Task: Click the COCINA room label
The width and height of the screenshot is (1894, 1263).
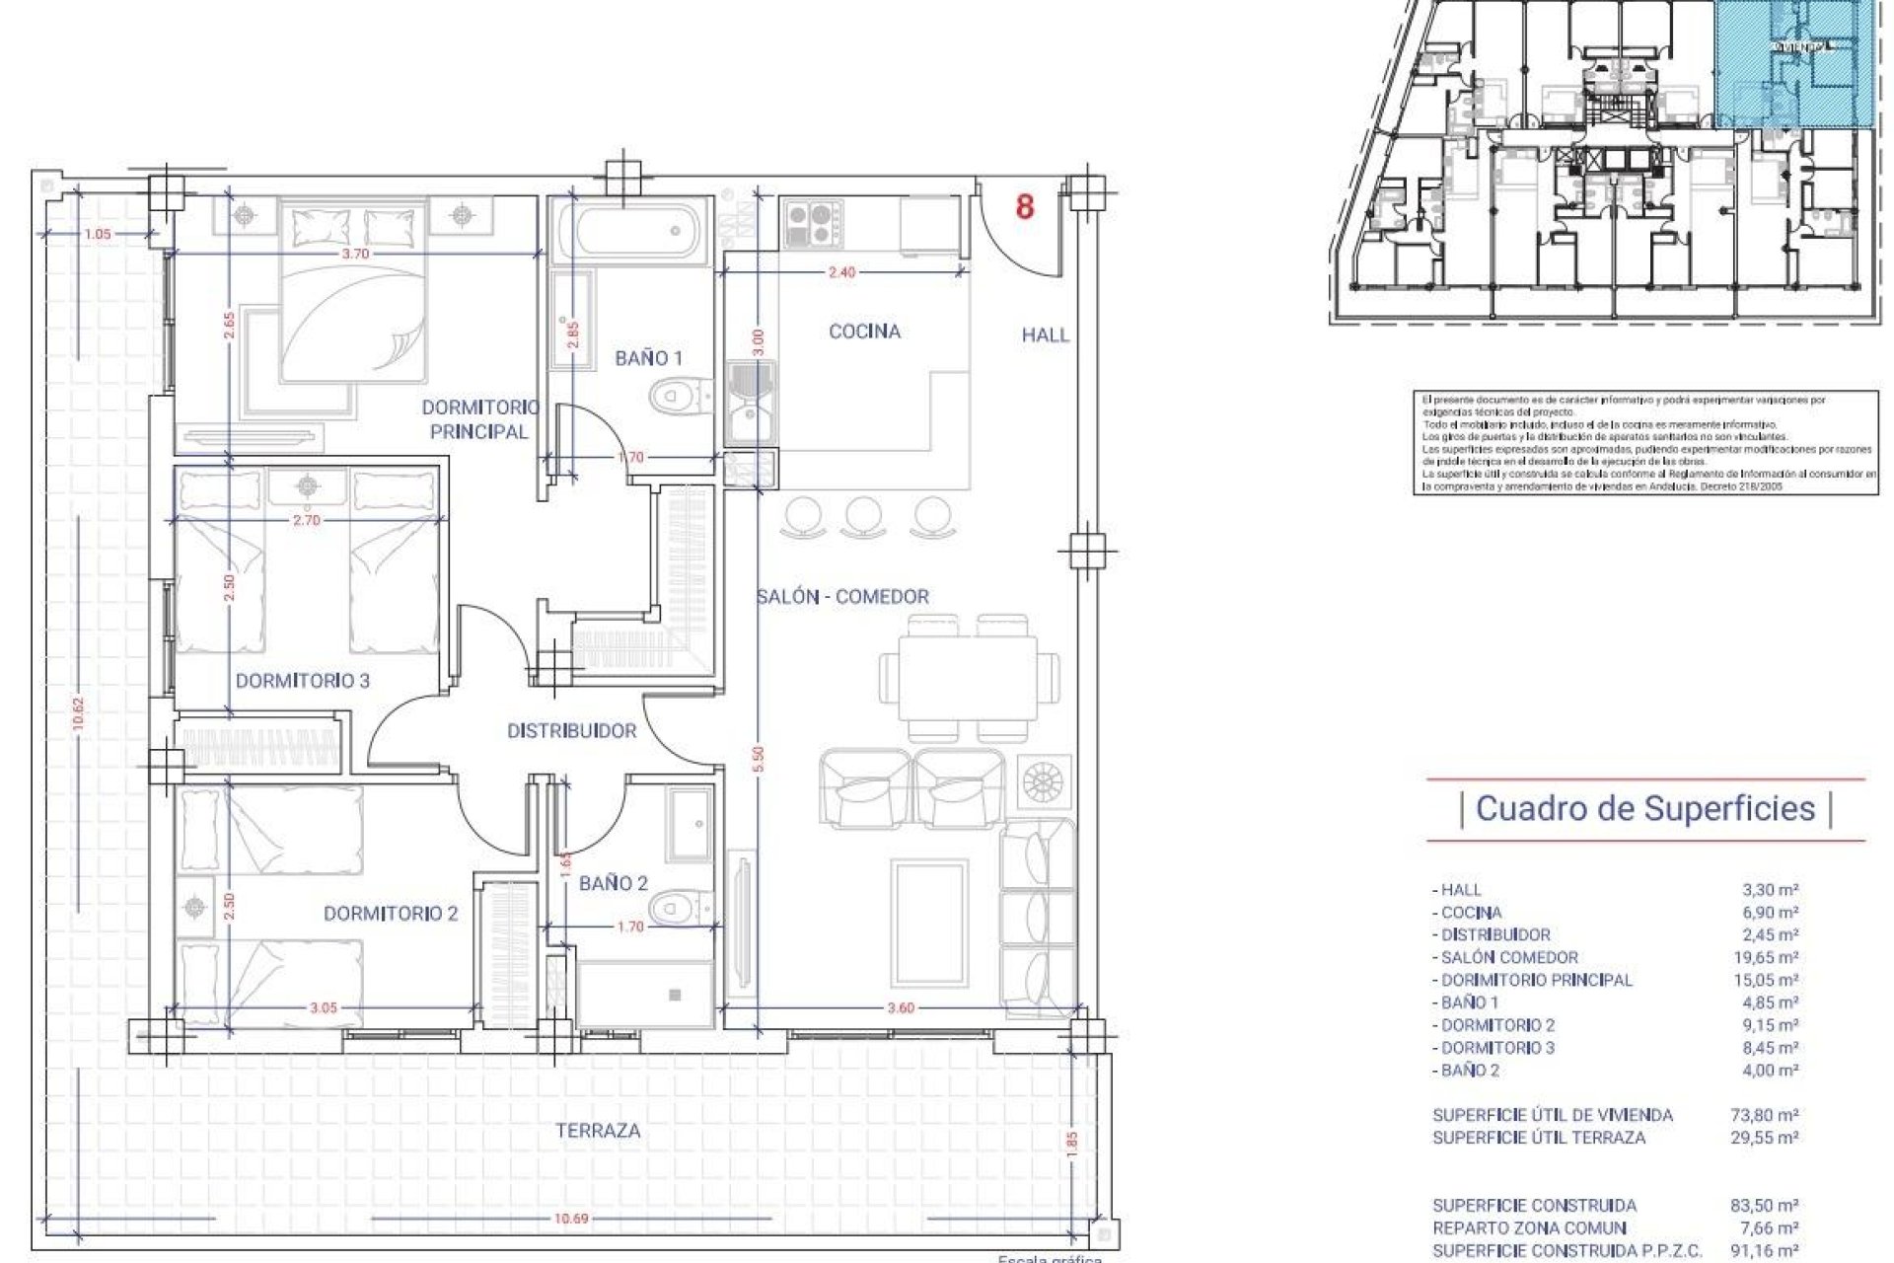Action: (864, 332)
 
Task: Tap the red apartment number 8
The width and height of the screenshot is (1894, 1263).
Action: (1025, 207)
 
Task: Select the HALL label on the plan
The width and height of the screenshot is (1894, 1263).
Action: (1046, 335)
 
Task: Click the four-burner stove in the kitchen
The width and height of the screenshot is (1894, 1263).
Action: (814, 224)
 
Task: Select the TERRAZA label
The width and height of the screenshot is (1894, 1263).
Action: (598, 1131)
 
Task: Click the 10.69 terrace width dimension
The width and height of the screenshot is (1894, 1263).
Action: (570, 1219)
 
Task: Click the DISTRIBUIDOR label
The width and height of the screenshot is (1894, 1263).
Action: (571, 731)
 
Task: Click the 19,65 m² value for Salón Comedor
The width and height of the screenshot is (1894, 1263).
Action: (1770, 957)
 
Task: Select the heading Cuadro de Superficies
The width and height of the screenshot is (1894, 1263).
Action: (1645, 809)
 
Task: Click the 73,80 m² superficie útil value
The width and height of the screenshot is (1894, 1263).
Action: (1770, 1115)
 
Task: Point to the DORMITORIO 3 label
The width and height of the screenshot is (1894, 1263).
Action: (303, 681)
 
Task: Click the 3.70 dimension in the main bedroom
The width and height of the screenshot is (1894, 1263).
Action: (355, 254)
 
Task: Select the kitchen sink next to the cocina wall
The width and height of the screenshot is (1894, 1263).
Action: (752, 402)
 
